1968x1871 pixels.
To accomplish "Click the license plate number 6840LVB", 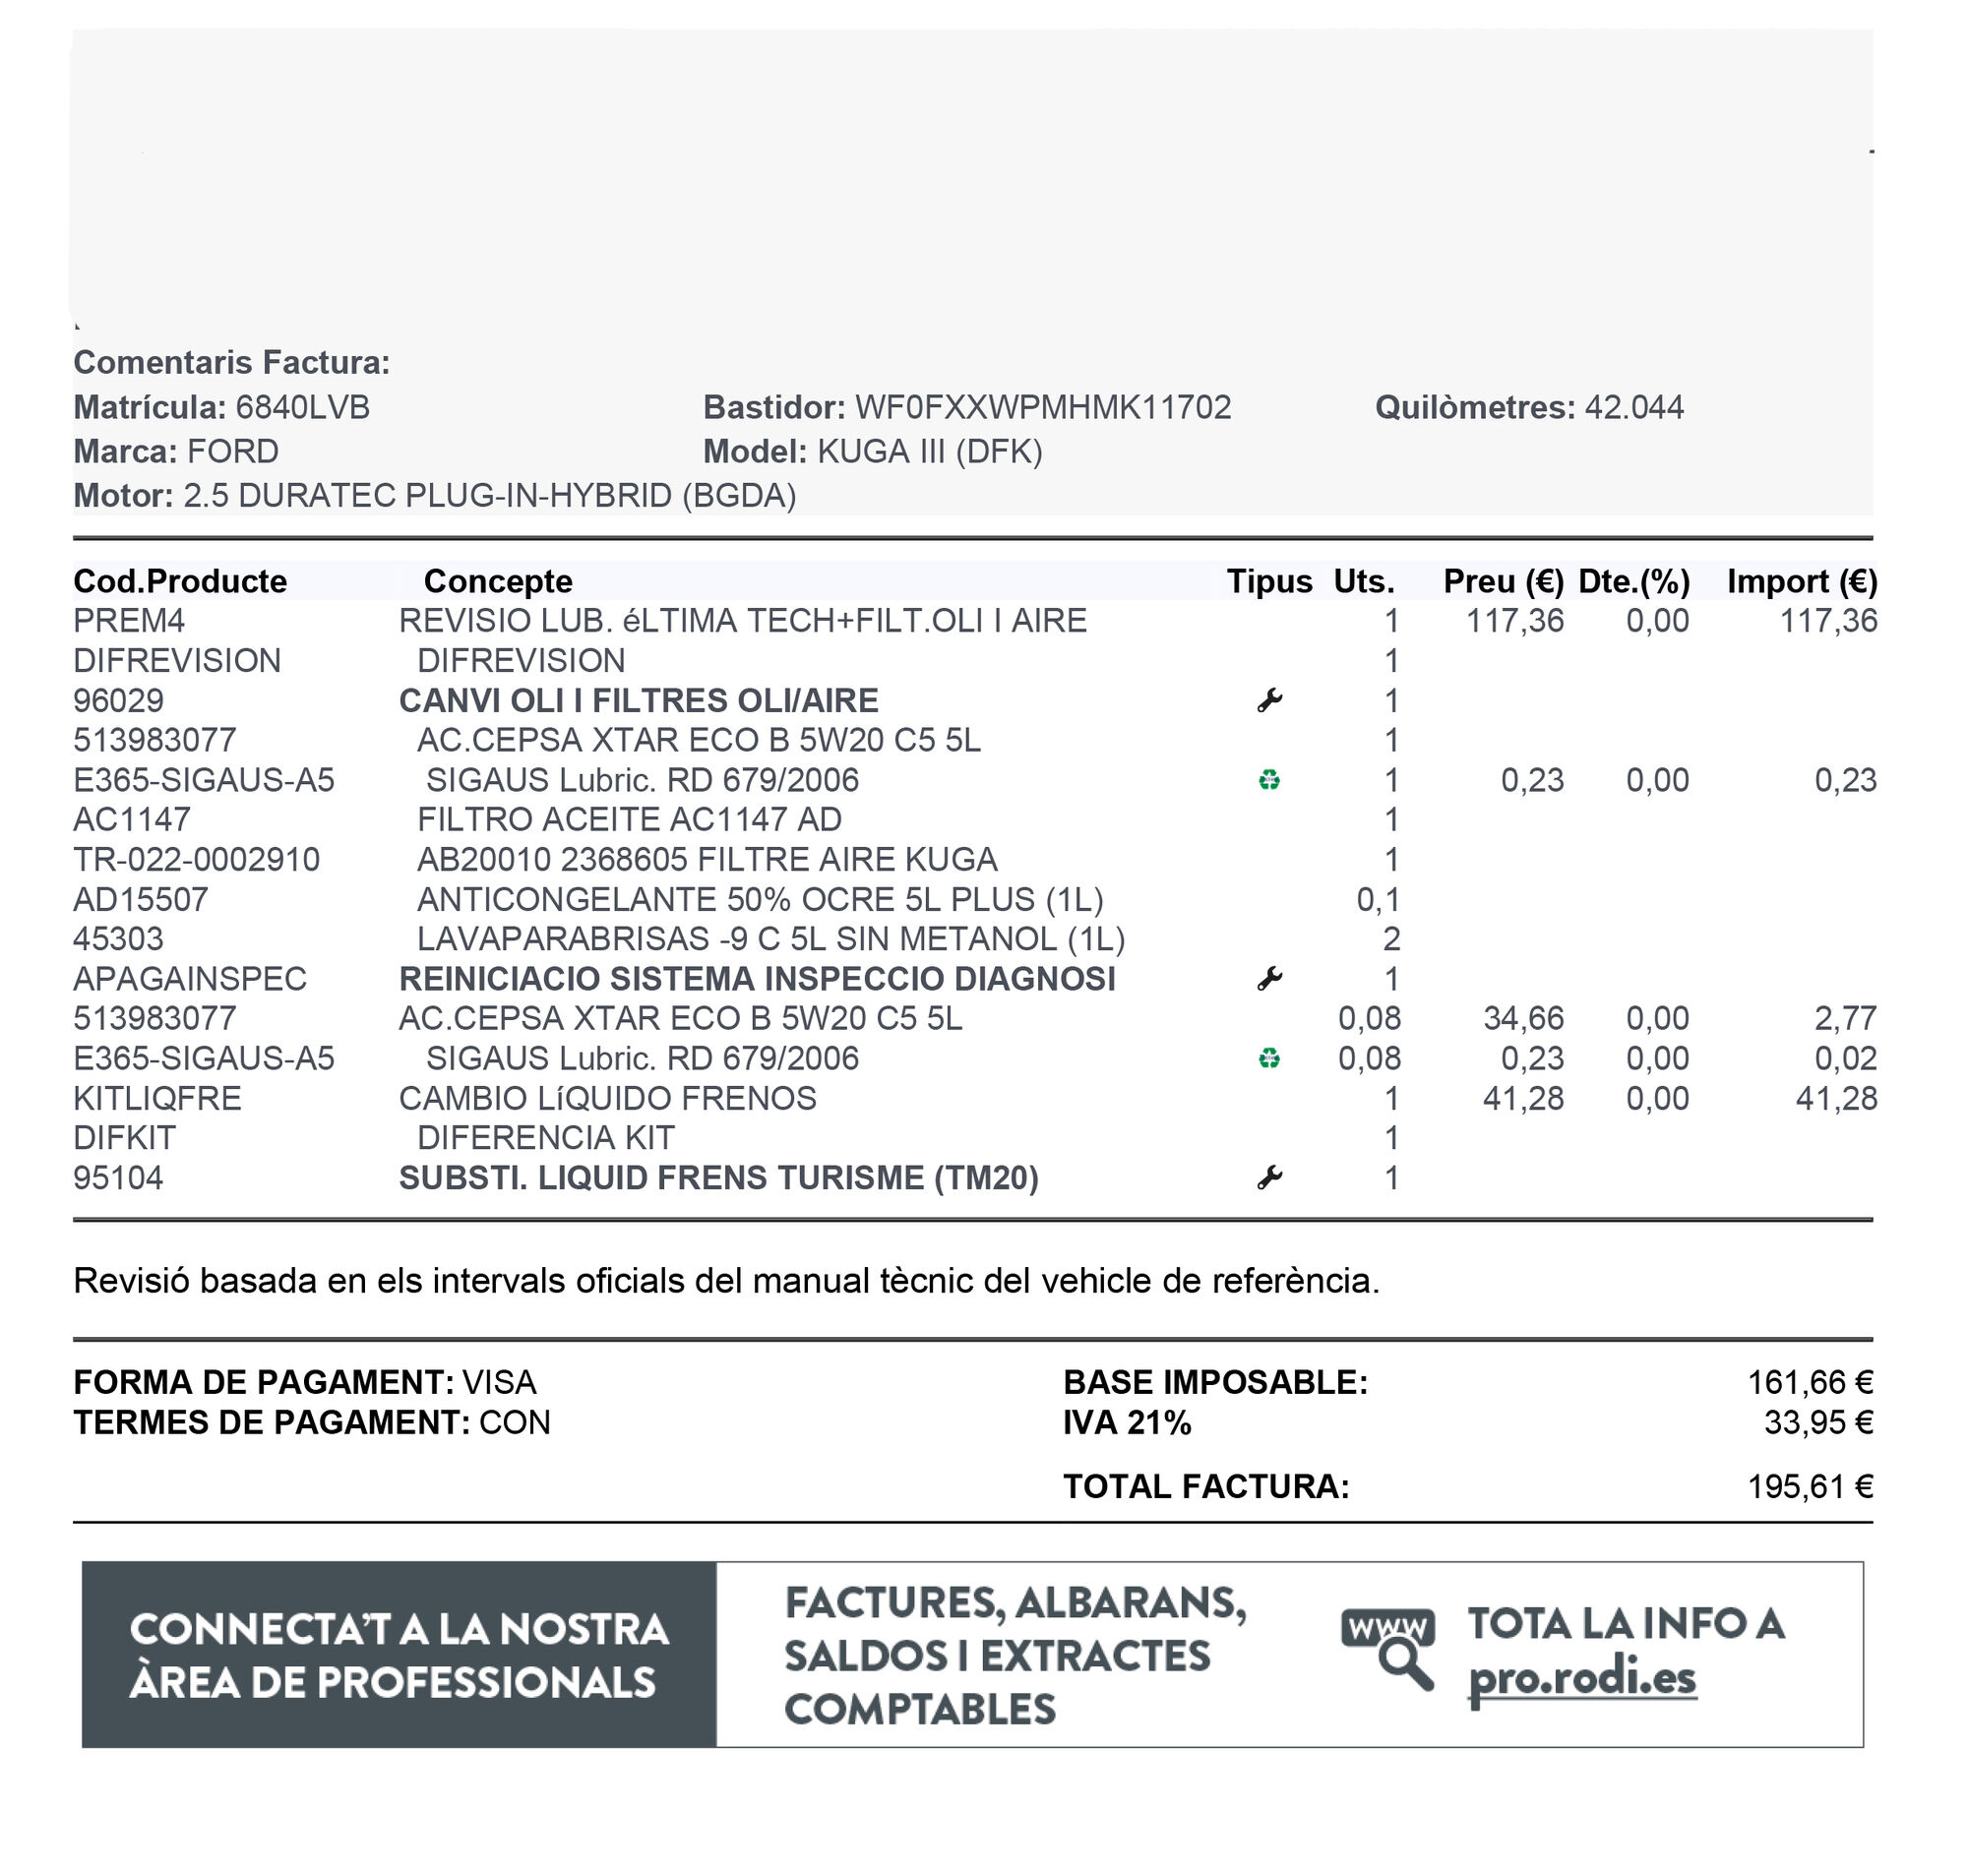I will point(302,407).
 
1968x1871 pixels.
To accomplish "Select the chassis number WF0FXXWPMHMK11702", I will point(1042,407).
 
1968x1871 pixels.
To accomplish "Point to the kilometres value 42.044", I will point(1632,407).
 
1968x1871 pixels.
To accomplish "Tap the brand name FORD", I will point(232,452).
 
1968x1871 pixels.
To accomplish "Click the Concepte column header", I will point(498,581).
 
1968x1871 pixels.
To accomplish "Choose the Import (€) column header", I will point(1801,581).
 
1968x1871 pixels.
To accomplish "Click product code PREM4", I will point(129,622).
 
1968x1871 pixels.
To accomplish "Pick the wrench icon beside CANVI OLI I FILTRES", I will point(1268,701).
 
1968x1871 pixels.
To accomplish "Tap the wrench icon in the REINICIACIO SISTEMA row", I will point(1268,980).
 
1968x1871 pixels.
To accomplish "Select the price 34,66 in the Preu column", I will point(1522,1018).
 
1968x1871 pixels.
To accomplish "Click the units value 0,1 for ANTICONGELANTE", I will point(1378,900).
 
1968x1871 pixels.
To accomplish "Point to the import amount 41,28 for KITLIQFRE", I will point(1835,1098).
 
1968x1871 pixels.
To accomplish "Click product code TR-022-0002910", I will point(197,860).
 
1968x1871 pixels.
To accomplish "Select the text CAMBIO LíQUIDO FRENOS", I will point(607,1098).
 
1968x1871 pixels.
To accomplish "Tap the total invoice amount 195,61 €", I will point(1810,1487).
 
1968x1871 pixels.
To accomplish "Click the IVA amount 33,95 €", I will point(1817,1422).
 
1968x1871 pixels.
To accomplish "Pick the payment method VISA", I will point(499,1382).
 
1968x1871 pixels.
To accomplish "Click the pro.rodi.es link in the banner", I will point(1581,1678).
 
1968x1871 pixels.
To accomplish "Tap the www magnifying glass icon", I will point(1388,1649).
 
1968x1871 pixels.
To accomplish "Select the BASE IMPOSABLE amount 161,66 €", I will point(1810,1382).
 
